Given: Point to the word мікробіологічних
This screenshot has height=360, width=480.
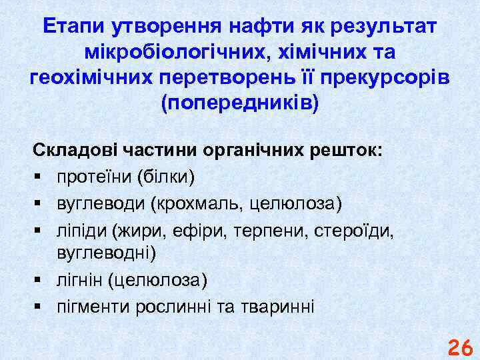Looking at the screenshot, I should pyautogui.click(x=168, y=53).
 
